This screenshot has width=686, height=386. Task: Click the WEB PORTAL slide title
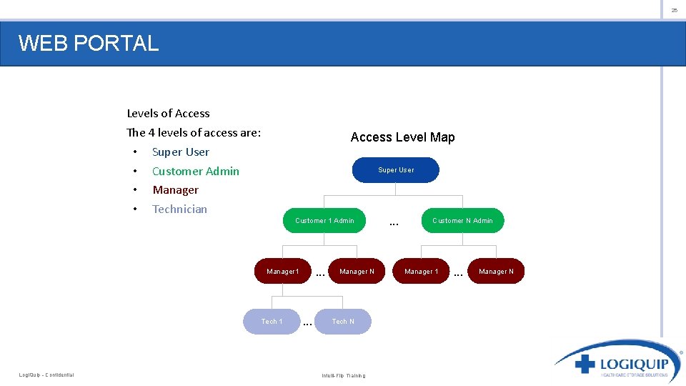click(89, 43)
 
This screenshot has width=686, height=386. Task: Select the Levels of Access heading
click(168, 113)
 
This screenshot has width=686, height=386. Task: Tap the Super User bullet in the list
click(181, 152)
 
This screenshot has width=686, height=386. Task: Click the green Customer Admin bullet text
click(196, 171)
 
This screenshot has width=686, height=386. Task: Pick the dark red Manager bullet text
click(175, 190)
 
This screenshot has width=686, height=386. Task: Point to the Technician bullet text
click(179, 209)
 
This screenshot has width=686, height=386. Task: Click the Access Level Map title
click(402, 137)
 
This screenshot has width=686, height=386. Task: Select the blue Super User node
click(396, 170)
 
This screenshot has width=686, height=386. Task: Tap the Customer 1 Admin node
click(324, 220)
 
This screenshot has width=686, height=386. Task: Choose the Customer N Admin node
click(462, 220)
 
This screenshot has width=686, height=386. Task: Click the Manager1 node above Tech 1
click(283, 271)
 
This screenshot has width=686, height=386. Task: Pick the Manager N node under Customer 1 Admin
click(357, 271)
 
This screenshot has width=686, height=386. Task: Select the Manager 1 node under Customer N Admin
click(421, 271)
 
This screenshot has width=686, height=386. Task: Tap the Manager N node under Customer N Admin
click(496, 271)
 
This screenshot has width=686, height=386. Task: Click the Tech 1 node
click(272, 321)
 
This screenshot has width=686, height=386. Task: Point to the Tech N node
click(343, 321)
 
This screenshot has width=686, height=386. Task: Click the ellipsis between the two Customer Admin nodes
click(394, 224)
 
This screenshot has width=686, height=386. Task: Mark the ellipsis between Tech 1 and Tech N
click(307, 324)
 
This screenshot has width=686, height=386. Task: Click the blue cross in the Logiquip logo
click(585, 364)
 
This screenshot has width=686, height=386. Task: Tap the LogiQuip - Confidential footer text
click(46, 375)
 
